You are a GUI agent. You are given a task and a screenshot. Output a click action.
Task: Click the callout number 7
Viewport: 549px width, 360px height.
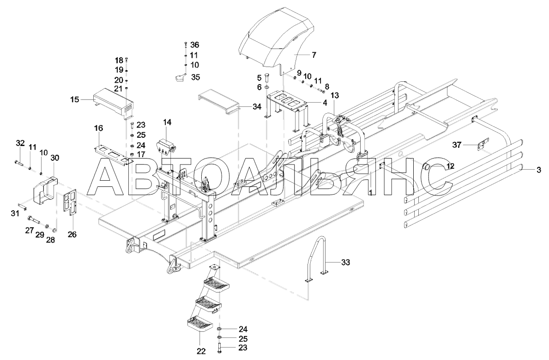click(314, 55)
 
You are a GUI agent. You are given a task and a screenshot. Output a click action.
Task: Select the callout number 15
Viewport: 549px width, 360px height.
click(74, 99)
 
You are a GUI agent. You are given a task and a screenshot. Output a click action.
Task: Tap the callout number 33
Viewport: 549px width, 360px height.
click(345, 262)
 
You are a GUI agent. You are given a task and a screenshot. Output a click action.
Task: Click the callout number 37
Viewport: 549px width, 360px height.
click(457, 145)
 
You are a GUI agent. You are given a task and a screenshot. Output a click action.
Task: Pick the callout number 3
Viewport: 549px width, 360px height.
click(538, 170)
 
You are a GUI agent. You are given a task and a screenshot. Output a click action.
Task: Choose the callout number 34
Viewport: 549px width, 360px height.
click(257, 107)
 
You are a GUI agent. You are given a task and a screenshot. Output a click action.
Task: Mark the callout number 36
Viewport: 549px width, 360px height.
click(194, 44)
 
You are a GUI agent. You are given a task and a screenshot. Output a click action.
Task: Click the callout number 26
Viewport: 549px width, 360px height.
click(72, 234)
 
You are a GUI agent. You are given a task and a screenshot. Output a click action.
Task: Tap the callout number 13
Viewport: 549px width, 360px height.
click(335, 95)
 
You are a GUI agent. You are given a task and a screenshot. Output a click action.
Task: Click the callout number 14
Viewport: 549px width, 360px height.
click(167, 122)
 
